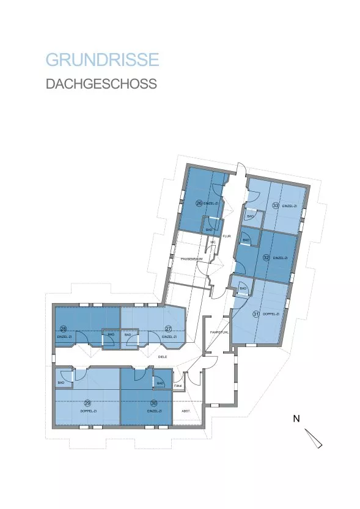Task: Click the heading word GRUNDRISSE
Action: click(102, 60)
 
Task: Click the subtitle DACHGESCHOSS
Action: click(101, 84)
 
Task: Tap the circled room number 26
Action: click(199, 203)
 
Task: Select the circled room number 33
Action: click(276, 206)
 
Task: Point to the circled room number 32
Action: click(266, 258)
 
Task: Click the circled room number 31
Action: click(256, 314)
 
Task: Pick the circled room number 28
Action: click(63, 329)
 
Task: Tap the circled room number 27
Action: click(168, 329)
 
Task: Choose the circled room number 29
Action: click(87, 403)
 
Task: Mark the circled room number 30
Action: click(153, 403)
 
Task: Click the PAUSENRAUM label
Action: click(191, 259)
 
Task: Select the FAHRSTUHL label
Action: click(219, 332)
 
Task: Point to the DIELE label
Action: click(163, 356)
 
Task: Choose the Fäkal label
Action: click(178, 386)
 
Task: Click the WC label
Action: click(213, 243)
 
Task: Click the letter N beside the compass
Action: click(296, 419)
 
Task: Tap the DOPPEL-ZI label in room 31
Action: click(270, 314)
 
